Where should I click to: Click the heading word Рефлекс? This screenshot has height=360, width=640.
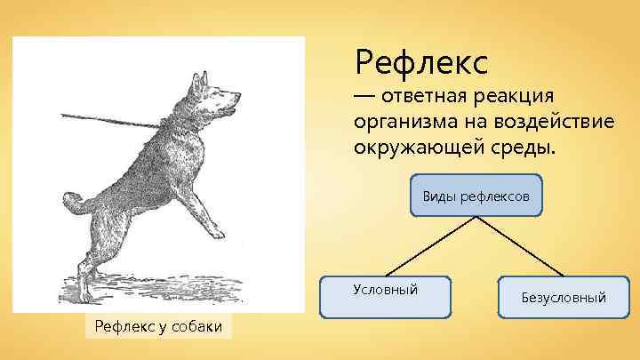click(421, 62)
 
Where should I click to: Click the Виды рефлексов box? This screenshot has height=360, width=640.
click(476, 195)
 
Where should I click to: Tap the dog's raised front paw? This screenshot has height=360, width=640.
click(214, 235)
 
